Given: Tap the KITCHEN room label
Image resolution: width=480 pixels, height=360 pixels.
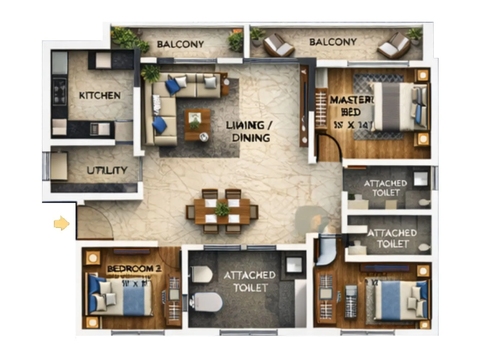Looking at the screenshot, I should click(x=100, y=96).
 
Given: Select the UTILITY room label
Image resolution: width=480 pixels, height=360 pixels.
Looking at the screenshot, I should click(x=107, y=170).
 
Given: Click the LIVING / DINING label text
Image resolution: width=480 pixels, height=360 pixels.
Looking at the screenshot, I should click(x=249, y=131).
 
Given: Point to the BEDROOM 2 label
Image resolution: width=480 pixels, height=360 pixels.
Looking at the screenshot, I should click(x=134, y=268).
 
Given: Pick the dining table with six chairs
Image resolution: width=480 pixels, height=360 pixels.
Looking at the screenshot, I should click(x=222, y=211).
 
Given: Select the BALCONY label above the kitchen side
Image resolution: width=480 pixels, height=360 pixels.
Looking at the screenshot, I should click(x=180, y=44).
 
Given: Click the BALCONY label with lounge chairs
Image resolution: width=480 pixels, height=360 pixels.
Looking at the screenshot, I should click(x=333, y=42).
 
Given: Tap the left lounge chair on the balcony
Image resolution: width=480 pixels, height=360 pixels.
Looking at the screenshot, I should click(x=277, y=46).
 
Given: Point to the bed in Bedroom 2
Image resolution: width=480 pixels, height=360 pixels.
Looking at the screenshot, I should click(x=120, y=297).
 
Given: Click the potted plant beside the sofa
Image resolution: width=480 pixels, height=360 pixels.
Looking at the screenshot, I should click(x=151, y=73).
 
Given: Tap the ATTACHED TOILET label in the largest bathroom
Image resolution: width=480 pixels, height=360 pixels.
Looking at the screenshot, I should click(x=250, y=281).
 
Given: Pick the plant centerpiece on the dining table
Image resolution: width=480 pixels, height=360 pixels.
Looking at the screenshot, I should click(x=222, y=209).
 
